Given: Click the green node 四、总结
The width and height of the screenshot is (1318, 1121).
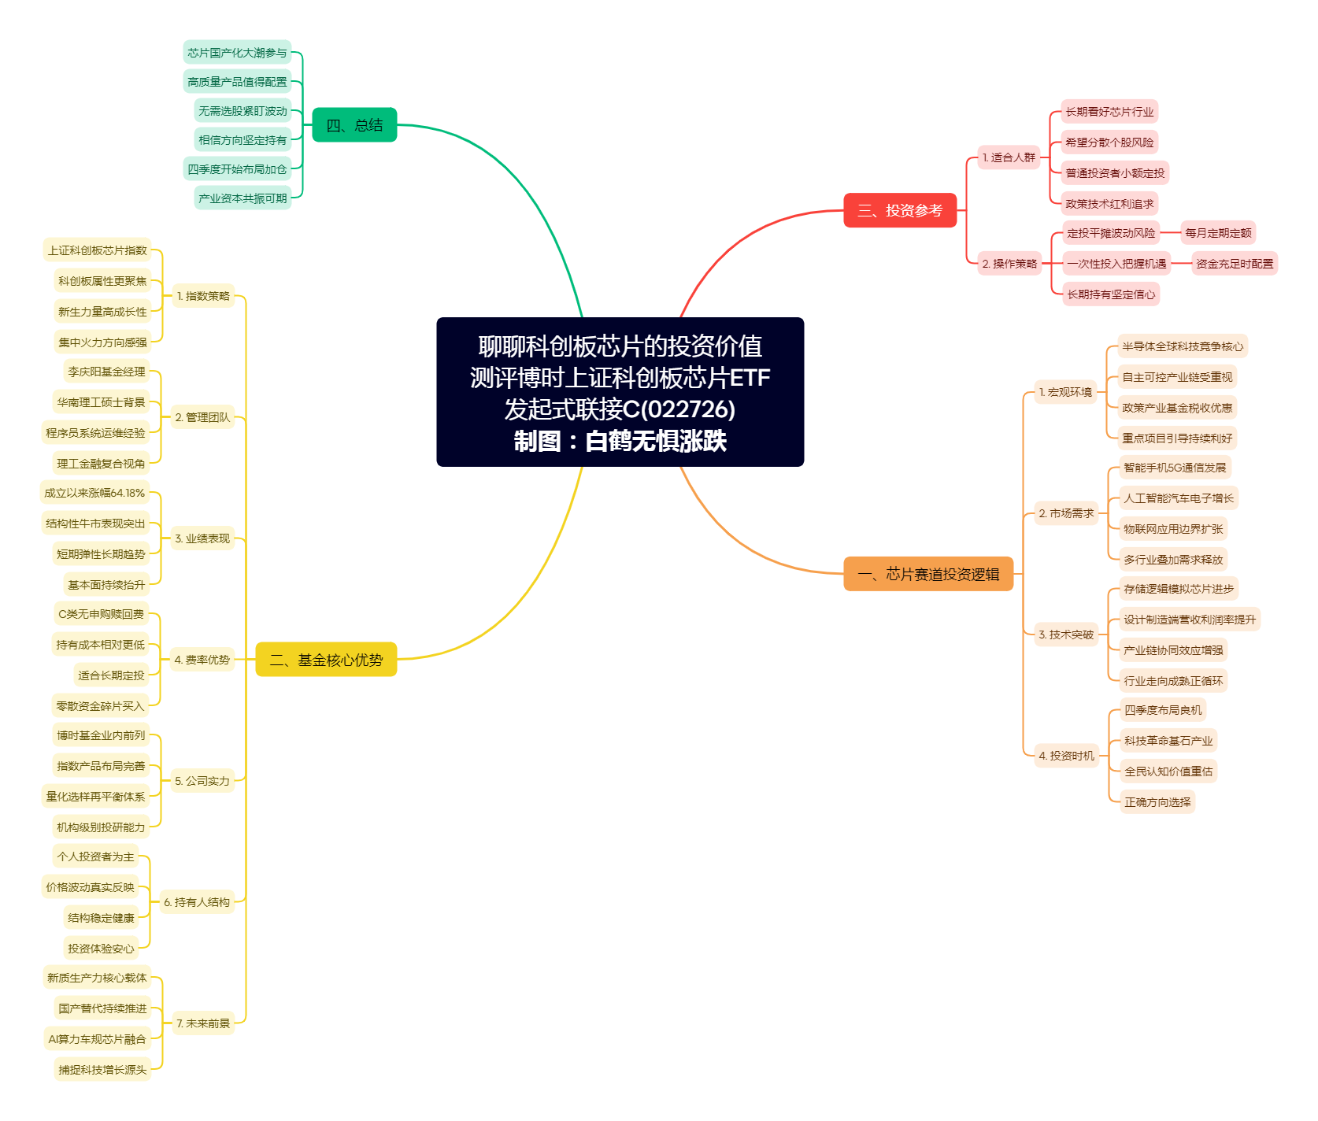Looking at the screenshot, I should click(354, 125).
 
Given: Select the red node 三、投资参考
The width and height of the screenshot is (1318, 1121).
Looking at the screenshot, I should click(900, 210).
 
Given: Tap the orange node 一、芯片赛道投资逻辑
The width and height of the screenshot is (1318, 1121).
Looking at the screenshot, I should click(928, 574).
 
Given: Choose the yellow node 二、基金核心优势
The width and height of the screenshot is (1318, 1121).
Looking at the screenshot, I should click(326, 660).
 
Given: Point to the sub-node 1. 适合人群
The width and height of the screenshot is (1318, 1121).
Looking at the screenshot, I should click(1009, 157).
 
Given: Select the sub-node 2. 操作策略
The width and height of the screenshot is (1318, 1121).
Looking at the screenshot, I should click(1009, 264).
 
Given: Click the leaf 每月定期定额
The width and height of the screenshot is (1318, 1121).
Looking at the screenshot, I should click(1218, 233).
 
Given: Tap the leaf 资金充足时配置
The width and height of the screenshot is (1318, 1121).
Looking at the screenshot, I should click(1235, 264).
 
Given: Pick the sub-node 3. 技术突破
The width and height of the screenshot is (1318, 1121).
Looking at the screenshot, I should click(1066, 634).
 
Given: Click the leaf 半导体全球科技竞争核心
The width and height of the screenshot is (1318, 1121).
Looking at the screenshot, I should click(1183, 346).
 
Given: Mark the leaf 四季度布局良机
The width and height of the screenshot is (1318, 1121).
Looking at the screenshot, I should click(1163, 710).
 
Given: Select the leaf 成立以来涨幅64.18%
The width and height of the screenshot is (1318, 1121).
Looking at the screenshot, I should click(94, 493).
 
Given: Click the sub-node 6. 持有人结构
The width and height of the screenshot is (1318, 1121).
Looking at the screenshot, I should click(197, 902).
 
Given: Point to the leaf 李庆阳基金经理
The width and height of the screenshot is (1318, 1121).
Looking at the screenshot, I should click(106, 372).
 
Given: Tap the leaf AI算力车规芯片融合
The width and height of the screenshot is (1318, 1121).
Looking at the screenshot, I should click(97, 1039).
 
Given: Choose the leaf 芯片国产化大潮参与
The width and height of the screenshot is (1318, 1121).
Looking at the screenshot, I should click(237, 53).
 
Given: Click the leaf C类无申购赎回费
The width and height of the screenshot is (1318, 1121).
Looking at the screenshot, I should click(101, 614).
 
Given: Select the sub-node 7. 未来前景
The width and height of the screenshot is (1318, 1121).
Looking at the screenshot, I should click(203, 1023).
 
